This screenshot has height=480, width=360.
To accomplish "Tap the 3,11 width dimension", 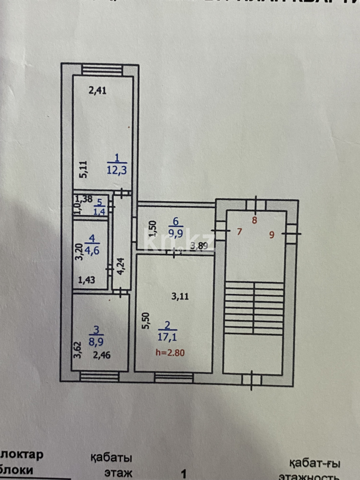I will tap(180, 297).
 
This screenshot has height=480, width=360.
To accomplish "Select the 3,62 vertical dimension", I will tap(78, 349).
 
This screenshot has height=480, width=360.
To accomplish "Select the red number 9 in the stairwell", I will tap(272, 236).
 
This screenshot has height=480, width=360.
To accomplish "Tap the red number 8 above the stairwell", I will tap(255, 220).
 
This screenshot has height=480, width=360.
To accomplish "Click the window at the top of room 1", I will tap(102, 70).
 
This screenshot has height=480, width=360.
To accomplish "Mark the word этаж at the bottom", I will tap(118, 472).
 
